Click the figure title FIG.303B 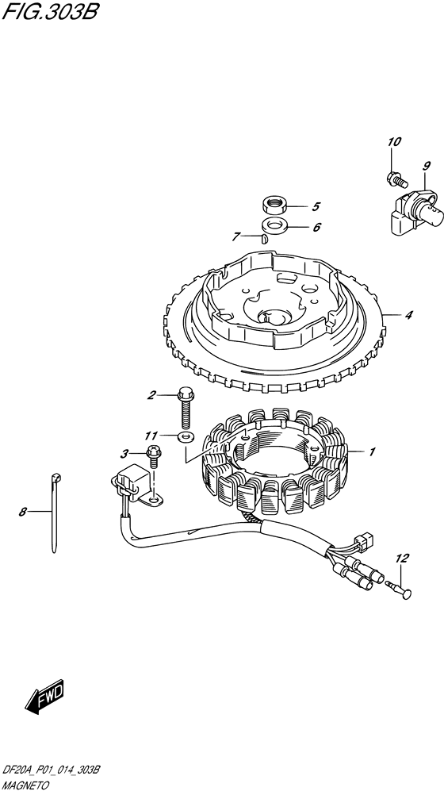51,10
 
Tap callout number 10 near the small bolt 394,142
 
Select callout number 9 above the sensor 426,165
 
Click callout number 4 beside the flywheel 408,315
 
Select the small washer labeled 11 186,436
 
